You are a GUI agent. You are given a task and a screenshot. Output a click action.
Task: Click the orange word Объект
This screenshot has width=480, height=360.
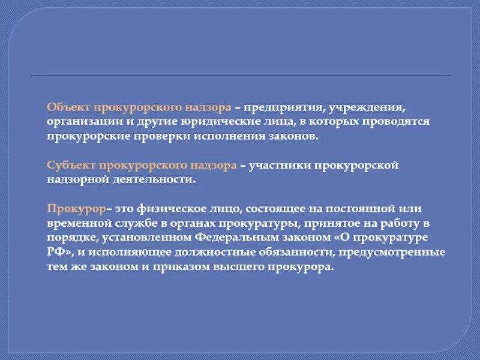(x=66, y=107)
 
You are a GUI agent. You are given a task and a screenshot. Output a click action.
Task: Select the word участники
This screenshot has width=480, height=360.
(x=281, y=165)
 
